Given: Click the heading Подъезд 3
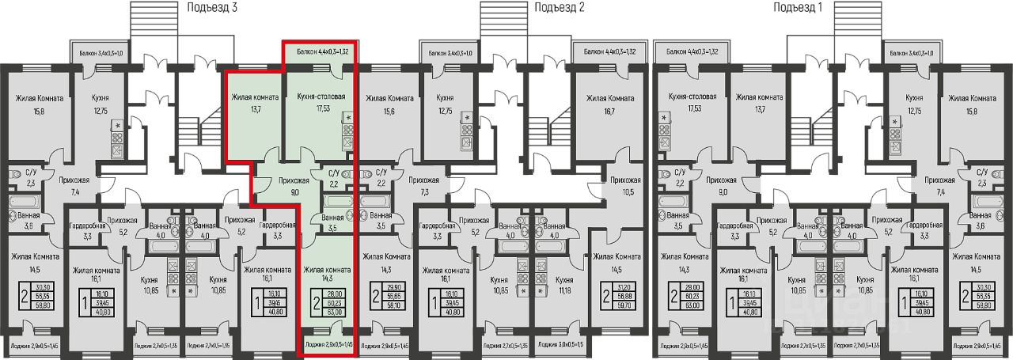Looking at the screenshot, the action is (213, 7).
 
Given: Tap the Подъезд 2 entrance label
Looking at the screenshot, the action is (559, 7).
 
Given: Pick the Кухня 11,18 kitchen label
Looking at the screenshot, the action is (564, 286).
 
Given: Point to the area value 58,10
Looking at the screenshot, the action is (391, 301).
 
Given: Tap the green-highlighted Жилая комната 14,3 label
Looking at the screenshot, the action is (327, 274).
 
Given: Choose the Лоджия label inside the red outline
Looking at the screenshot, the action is (327, 346).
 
